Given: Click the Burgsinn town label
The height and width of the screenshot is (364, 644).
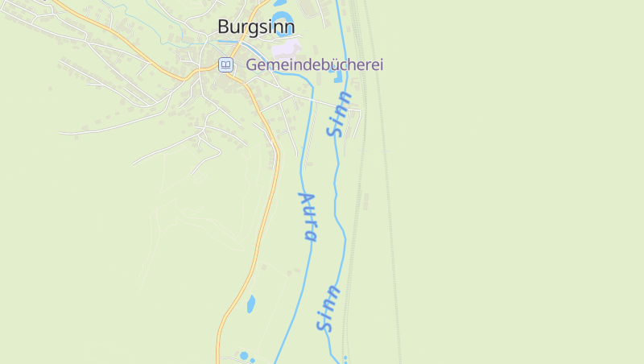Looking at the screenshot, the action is pyautogui.click(x=256, y=27).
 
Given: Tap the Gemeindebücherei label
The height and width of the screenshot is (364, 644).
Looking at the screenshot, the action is pyautogui.click(x=315, y=64).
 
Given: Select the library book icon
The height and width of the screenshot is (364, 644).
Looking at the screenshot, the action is pyautogui.click(x=226, y=64).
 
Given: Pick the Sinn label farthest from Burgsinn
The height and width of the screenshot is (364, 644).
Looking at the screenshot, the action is pyautogui.click(x=328, y=308).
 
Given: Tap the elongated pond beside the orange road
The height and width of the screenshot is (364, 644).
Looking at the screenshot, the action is pyautogui.click(x=250, y=304).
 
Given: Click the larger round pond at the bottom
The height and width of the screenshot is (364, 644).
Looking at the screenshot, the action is pyautogui.click(x=244, y=355).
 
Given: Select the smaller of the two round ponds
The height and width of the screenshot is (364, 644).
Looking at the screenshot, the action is pyautogui.click(x=253, y=360).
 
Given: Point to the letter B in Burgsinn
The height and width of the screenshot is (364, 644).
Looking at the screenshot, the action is pyautogui.click(x=224, y=27).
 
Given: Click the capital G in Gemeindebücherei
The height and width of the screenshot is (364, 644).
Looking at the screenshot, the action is pyautogui.click(x=252, y=64).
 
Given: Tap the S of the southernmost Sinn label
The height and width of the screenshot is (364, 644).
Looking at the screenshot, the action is pyautogui.click(x=324, y=325).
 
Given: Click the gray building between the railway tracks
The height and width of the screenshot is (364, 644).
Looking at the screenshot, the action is pyautogui.click(x=365, y=200).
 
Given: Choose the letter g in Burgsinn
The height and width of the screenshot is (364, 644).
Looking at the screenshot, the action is pyautogui.click(x=255, y=28).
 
